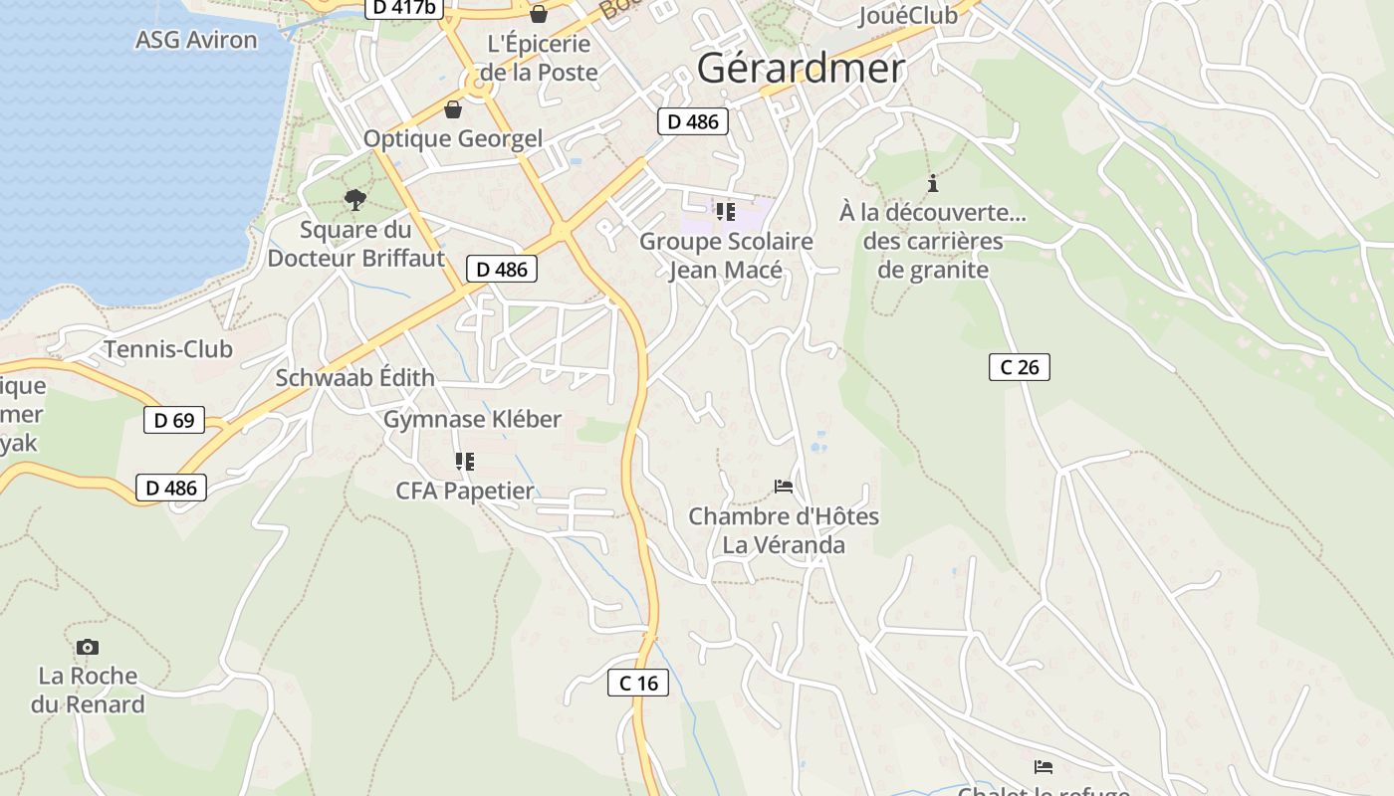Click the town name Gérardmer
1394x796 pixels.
click(801, 69)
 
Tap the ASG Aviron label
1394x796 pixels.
click(196, 41)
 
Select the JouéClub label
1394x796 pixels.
click(907, 16)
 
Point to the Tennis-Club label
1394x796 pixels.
click(168, 349)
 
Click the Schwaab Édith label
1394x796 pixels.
click(354, 378)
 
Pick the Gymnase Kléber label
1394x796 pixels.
click(472, 420)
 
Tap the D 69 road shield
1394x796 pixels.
click(174, 421)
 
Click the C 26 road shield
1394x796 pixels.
click(1019, 367)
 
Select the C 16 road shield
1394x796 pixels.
click(638, 683)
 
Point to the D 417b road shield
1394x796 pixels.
click(404, 8)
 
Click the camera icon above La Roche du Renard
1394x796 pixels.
click(88, 648)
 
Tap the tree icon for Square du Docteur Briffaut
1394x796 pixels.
click(354, 200)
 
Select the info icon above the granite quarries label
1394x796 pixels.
click(933, 183)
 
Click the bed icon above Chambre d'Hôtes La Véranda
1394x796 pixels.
click(784, 487)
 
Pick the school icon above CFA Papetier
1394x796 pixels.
click(464, 461)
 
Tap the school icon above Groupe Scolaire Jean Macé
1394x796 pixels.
click(726, 212)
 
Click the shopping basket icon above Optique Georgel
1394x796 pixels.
click(453, 109)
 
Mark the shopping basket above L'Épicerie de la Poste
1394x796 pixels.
click(539, 14)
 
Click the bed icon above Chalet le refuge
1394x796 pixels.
click(1044, 767)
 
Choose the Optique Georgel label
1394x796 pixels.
click(453, 139)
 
